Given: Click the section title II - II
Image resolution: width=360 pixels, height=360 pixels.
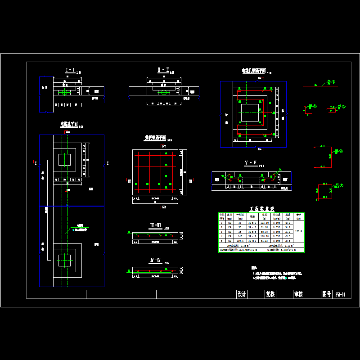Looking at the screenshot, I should (x=162, y=70).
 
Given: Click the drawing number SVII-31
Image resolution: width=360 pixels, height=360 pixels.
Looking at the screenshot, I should (x=340, y=294).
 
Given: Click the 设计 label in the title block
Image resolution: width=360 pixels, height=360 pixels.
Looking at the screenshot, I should (x=242, y=294).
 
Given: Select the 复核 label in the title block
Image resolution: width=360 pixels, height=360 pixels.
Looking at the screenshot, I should (x=270, y=294).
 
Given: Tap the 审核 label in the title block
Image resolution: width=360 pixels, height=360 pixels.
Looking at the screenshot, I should (x=298, y=294).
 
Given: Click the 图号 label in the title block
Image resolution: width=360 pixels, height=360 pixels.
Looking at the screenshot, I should (x=326, y=294).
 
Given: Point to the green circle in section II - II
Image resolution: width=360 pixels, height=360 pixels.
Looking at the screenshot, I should (x=162, y=93).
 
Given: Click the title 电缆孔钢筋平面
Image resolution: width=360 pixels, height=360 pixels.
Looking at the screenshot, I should (x=254, y=71).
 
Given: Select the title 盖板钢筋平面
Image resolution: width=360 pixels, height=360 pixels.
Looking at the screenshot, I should (x=154, y=138).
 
